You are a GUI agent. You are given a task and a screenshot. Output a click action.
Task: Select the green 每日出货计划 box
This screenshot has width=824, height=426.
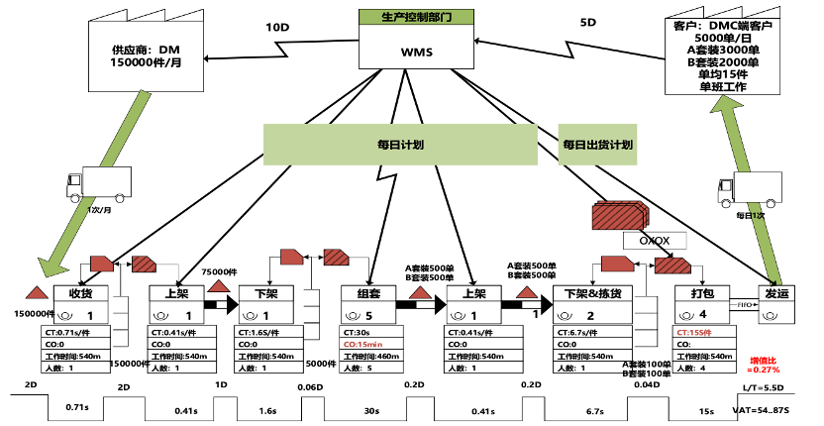(x=597, y=145)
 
